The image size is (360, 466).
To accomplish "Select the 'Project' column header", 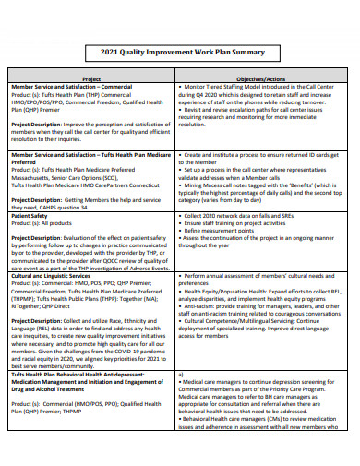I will (91, 78).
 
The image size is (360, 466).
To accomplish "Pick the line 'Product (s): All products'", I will (47, 222).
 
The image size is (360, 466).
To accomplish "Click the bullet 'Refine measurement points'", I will (222, 231).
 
